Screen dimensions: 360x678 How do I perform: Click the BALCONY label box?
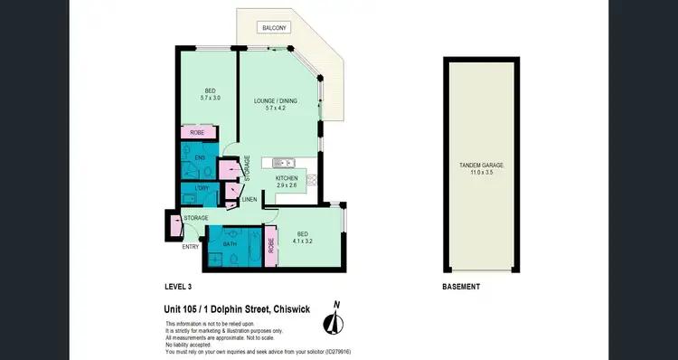[x=276, y=28]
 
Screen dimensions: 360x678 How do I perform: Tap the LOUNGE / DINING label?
[x=278, y=100]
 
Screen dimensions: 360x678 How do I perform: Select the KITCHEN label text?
[x=287, y=178]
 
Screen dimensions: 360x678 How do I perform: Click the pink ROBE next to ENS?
[x=198, y=133]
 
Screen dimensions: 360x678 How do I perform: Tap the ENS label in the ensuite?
[x=201, y=157]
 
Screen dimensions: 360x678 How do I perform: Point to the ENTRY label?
[x=190, y=246]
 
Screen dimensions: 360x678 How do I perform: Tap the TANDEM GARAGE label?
[x=480, y=166]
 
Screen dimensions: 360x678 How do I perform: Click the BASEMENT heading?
[x=461, y=287]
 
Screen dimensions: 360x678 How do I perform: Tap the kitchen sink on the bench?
[x=272, y=164]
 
